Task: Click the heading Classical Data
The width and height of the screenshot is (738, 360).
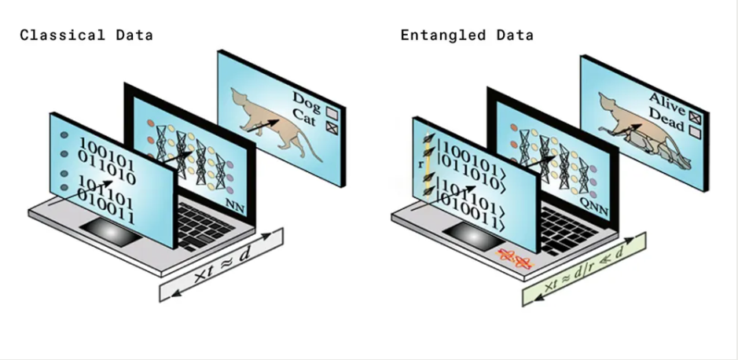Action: pos(86,35)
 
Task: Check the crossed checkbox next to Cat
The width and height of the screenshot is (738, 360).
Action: pos(332,123)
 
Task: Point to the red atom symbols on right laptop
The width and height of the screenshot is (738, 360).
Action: pos(515,259)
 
